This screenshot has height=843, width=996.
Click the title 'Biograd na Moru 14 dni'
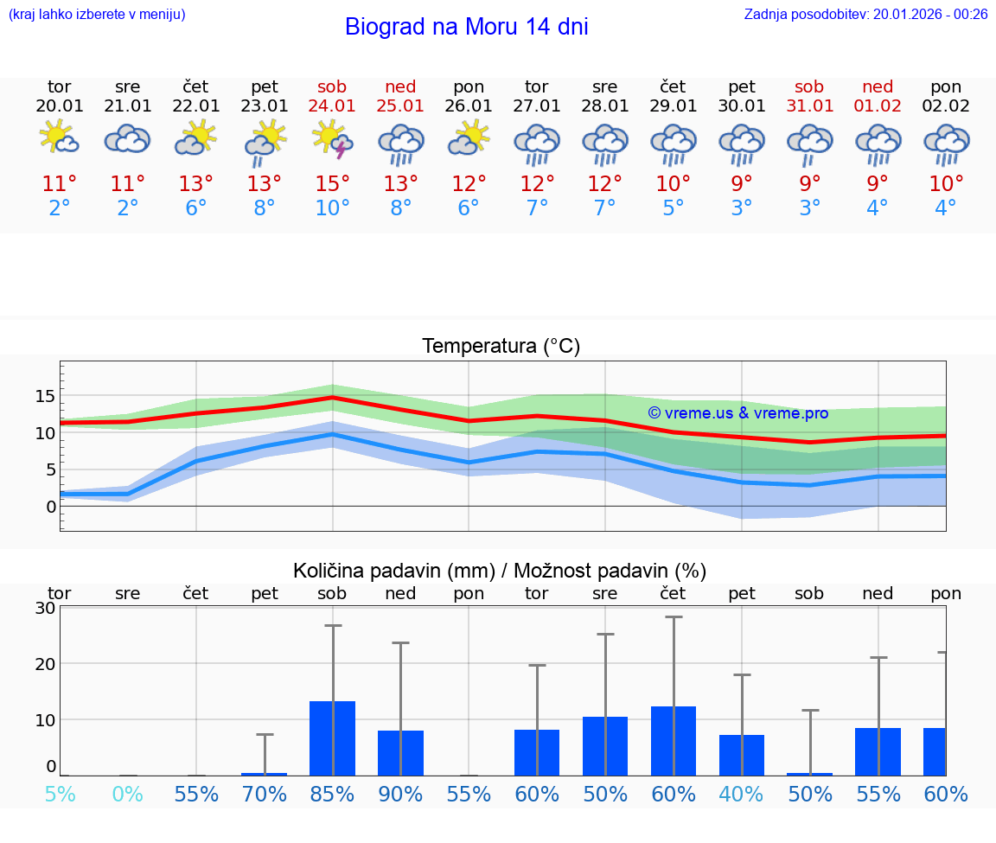click(x=466, y=27)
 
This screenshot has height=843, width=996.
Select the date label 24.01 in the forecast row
click(x=332, y=105)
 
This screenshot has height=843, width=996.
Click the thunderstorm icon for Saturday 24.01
click(x=332, y=140)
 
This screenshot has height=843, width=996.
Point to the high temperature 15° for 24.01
click(x=332, y=183)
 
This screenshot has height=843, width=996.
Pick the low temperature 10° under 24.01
click(x=332, y=208)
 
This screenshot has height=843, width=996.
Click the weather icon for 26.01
click(x=469, y=139)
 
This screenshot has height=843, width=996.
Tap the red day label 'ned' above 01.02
click(x=878, y=86)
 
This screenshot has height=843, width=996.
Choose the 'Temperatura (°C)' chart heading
click(x=501, y=347)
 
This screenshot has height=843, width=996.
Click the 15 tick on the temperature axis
click(x=45, y=396)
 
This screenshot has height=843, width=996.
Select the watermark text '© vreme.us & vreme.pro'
click(x=737, y=413)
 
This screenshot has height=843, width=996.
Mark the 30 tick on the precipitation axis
click(x=45, y=608)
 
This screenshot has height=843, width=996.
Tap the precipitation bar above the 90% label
click(x=400, y=752)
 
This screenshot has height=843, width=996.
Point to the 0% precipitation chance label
click(x=127, y=794)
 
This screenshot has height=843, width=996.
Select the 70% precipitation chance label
click(x=264, y=794)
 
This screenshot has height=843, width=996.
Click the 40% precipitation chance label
click(x=741, y=794)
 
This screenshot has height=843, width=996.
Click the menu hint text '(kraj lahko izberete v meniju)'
click(x=97, y=14)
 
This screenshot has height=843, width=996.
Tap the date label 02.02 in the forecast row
click(x=946, y=105)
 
